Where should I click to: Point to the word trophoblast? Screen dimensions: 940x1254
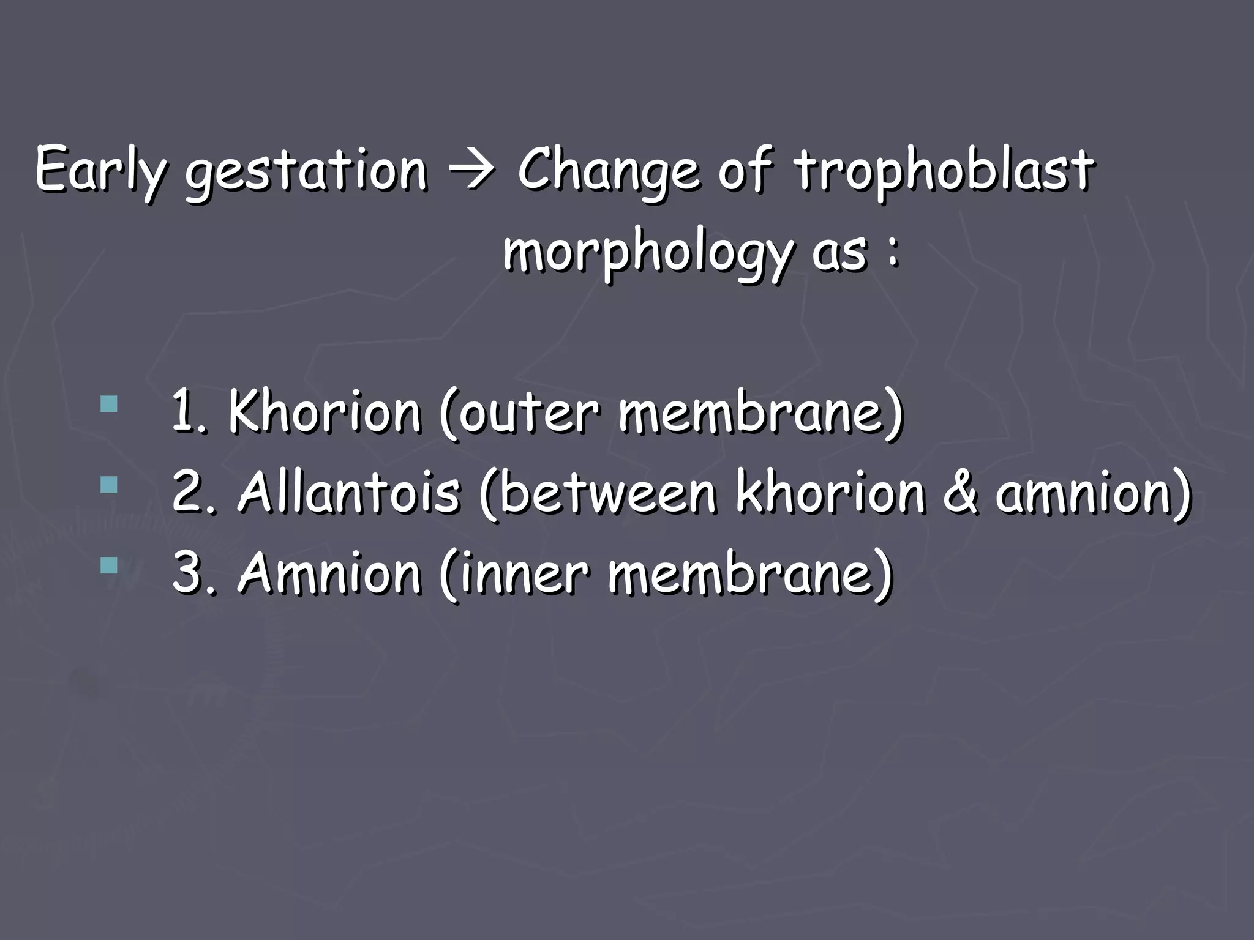click(x=944, y=171)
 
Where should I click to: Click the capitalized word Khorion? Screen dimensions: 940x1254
click(x=325, y=412)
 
